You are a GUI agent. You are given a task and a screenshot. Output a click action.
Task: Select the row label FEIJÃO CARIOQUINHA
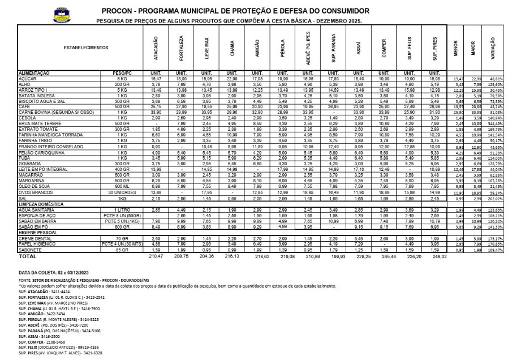pos(40,153)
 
